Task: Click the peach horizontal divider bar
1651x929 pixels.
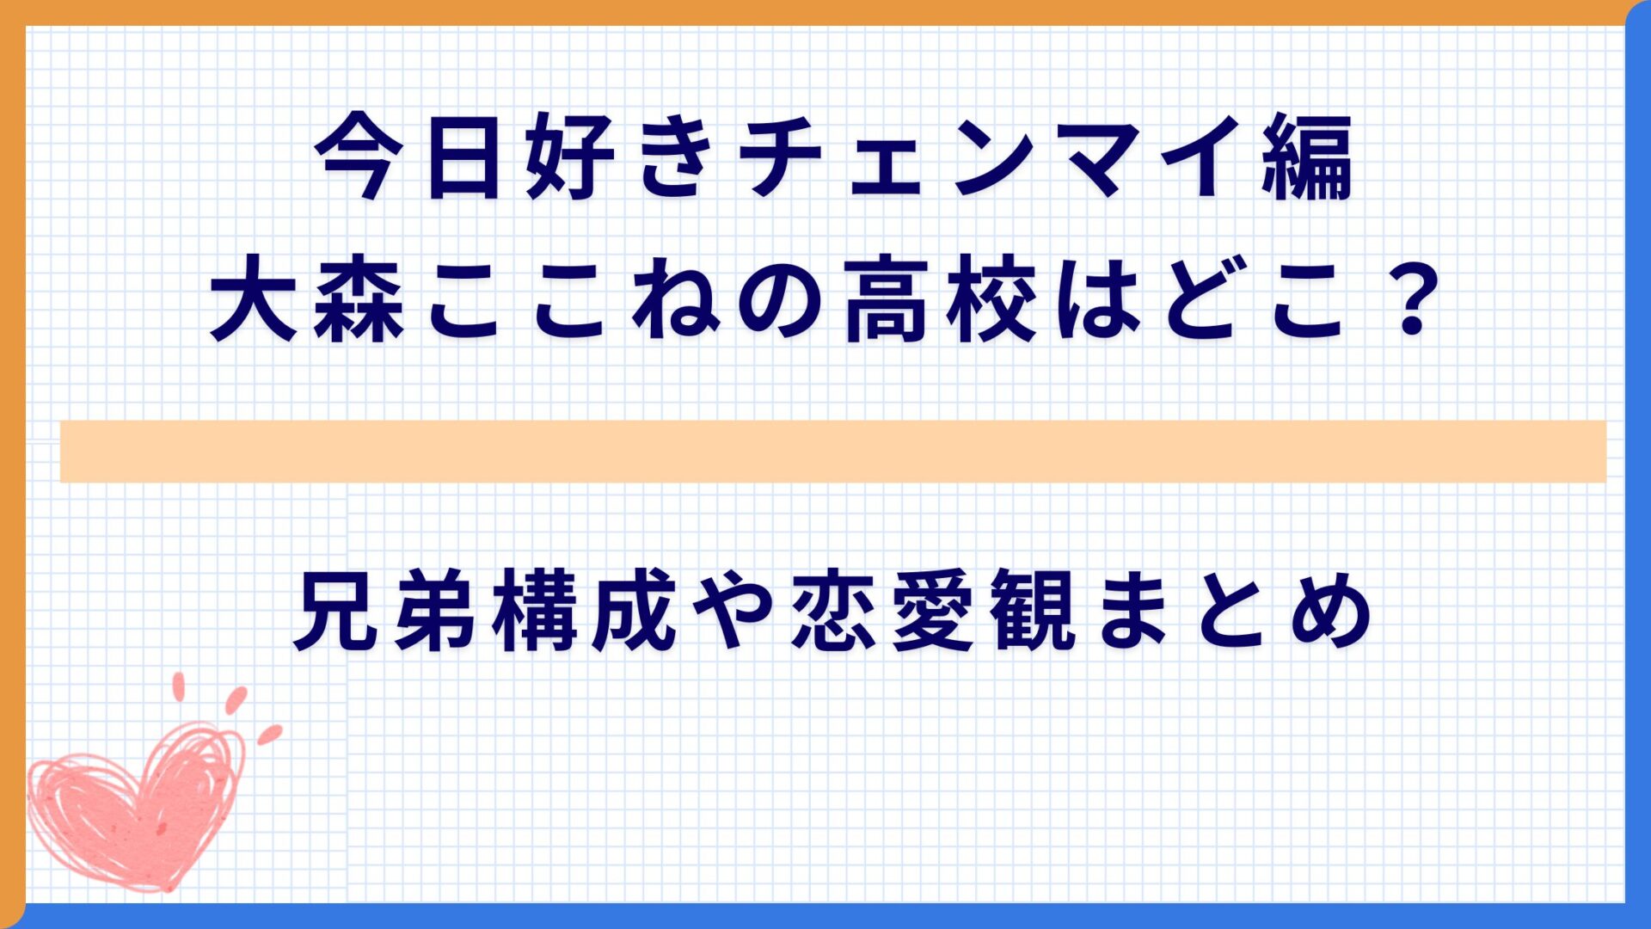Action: pyautogui.click(x=832, y=451)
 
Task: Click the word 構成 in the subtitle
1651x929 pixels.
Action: pyautogui.click(x=585, y=612)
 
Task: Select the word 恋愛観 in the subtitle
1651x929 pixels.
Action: pyautogui.click(x=933, y=612)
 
